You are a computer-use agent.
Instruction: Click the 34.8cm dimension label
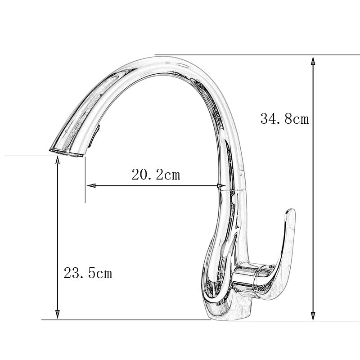pyautogui.click(x=284, y=119)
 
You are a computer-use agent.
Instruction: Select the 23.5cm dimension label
pyautogui.click(x=88, y=273)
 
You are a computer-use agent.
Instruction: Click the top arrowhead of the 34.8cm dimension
pyautogui.click(x=313, y=60)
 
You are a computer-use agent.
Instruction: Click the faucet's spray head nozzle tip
pyautogui.click(x=66, y=152)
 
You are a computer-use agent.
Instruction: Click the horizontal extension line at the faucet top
pyautogui.click(x=234, y=55)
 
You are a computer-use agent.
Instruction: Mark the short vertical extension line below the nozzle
pyautogui.click(x=85, y=180)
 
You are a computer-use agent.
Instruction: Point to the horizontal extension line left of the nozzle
pyautogui.click(x=27, y=156)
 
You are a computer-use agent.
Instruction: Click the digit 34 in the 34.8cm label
pyautogui.click(x=268, y=119)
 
